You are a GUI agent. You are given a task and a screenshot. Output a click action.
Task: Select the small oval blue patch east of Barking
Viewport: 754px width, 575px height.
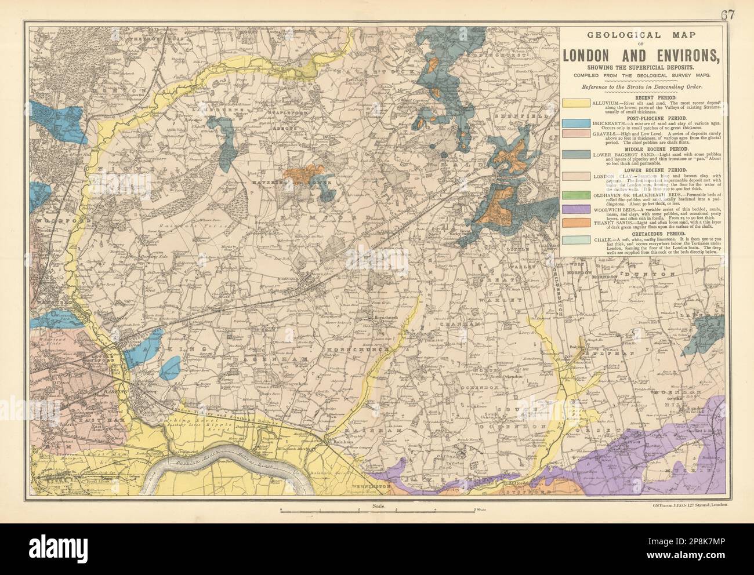pyautogui.click(x=170, y=366)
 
